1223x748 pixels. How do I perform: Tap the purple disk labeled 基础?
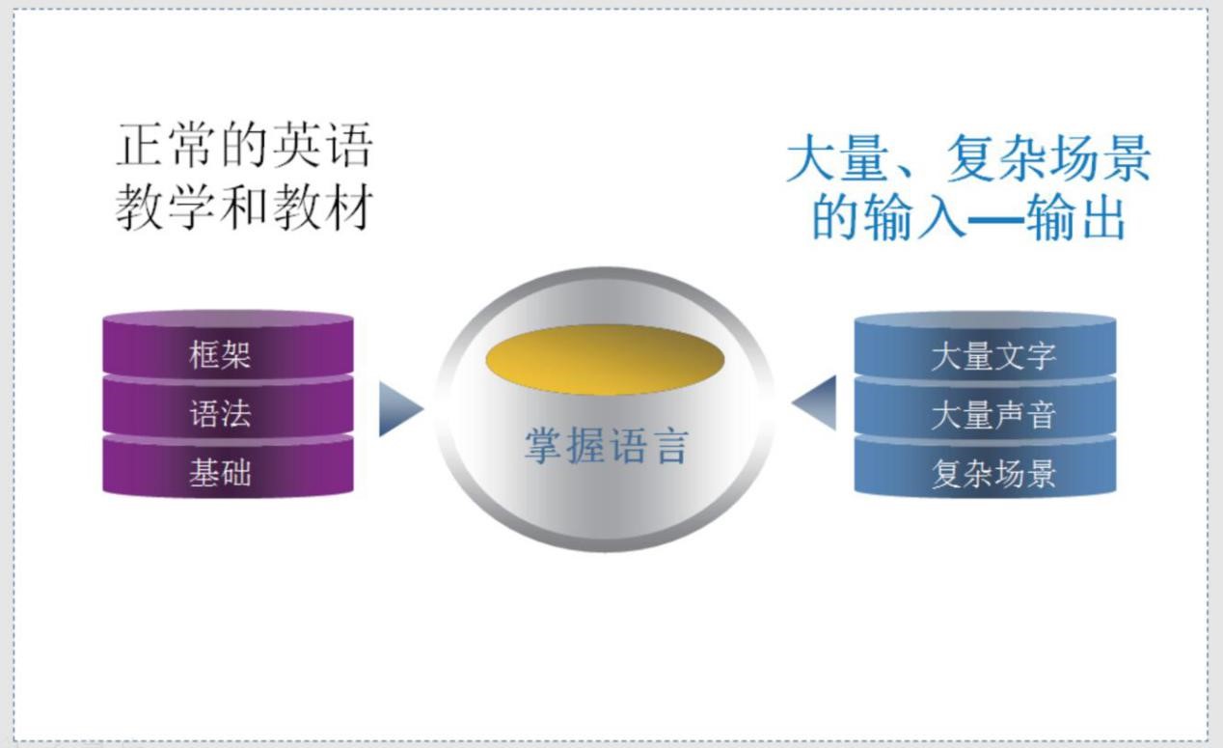(228, 468)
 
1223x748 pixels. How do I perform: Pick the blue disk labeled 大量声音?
(985, 410)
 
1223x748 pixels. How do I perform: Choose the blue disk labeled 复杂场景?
(985, 469)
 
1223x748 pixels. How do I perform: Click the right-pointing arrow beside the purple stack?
(400, 408)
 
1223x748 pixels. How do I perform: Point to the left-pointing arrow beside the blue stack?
(814, 402)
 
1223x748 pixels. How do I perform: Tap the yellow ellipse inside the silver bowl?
(605, 359)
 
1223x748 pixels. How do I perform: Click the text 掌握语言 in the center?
(606, 446)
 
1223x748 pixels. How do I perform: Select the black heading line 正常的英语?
(244, 145)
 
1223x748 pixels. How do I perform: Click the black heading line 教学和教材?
(244, 208)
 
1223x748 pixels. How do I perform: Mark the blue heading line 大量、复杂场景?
(968, 158)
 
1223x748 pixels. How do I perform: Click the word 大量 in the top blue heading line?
(837, 158)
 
